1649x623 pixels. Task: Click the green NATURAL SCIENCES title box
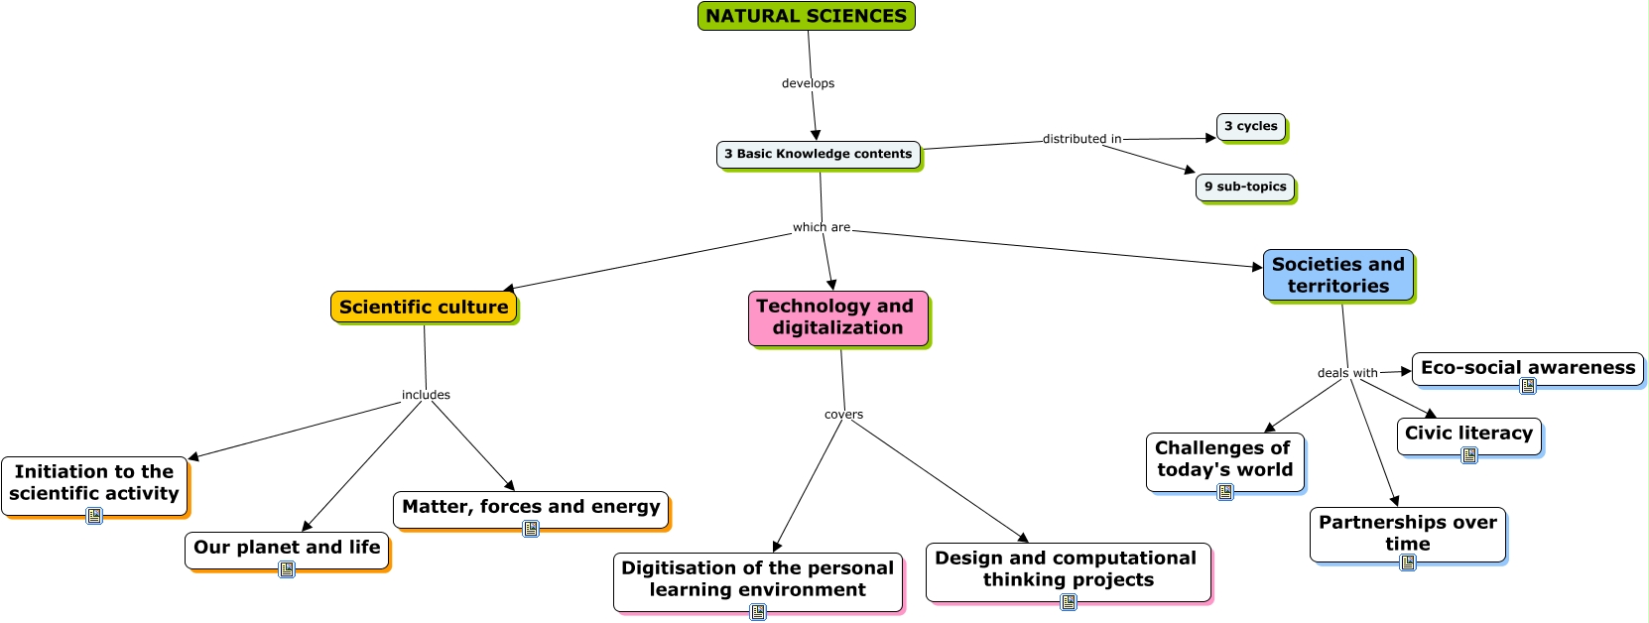806,16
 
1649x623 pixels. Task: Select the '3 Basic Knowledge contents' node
818,154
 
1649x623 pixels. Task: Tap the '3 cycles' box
1250,126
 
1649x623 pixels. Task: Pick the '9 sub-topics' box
1244,187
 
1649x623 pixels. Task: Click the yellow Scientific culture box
424,307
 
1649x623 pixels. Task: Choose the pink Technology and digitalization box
837,317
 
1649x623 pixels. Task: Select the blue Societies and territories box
1337,275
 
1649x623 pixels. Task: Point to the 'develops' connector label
808,83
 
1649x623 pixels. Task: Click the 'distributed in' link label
1081,139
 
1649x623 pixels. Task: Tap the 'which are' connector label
821,227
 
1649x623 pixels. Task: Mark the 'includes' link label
426,395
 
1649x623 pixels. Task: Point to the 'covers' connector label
843,415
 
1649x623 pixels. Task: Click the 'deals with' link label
1346,373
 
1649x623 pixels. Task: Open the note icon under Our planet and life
287,569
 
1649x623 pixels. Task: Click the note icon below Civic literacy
1469,455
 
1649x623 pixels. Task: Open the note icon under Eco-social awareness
1528,386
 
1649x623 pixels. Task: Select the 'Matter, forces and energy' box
531,507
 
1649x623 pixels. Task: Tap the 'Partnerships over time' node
1407,533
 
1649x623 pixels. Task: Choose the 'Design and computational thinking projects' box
1068,569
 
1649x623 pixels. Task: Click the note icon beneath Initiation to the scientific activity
94,516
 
